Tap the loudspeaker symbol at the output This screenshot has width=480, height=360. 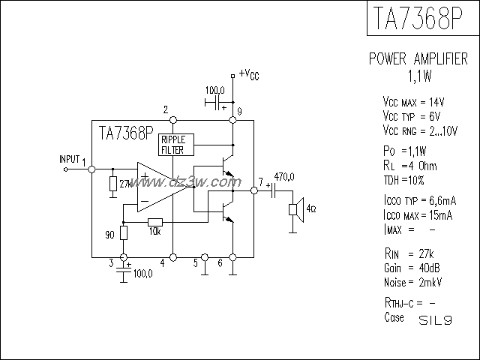tap(295, 208)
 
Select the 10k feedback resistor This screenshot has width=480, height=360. tap(155, 221)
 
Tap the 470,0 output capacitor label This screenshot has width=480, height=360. tap(284, 176)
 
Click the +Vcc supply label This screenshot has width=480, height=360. tap(249, 73)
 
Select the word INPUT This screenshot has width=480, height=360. tap(69, 160)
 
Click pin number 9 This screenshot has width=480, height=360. tap(238, 112)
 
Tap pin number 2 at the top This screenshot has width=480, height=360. tap(165, 110)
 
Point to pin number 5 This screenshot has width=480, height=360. tap(196, 262)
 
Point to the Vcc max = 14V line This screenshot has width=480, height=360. tap(414, 101)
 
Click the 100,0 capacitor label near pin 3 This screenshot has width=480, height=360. tap(142, 274)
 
